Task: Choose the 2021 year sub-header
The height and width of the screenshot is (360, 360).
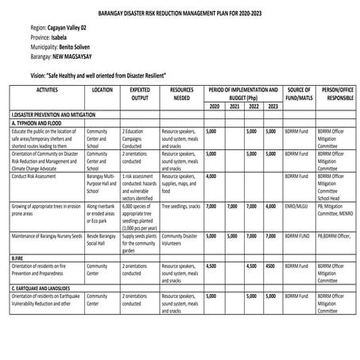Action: (234, 106)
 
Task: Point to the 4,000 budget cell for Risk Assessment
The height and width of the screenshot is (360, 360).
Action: (211, 176)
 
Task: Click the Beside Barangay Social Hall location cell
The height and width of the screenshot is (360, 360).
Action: (102, 240)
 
